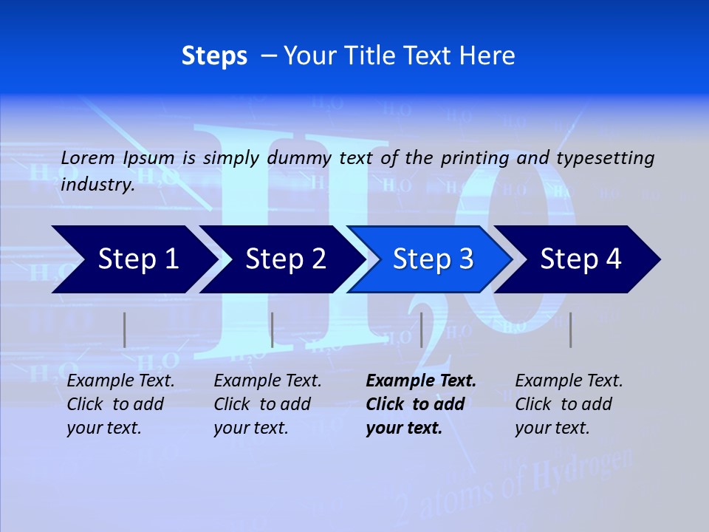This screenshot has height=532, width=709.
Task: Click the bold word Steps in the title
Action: click(x=214, y=56)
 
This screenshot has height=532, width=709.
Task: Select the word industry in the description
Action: click(x=97, y=185)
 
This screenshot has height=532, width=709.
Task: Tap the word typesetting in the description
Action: click(x=605, y=158)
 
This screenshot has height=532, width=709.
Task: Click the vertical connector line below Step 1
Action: click(x=125, y=330)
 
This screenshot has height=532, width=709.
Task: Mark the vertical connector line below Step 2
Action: click(x=273, y=330)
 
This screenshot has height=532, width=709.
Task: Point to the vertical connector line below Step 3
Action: click(x=421, y=330)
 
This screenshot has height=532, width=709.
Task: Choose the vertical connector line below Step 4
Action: click(x=570, y=330)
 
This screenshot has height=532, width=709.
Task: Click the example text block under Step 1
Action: click(x=120, y=404)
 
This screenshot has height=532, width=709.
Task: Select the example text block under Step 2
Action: click(x=267, y=404)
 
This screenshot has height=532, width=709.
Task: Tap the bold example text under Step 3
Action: click(x=421, y=404)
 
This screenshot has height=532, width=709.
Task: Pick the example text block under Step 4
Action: click(x=569, y=404)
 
